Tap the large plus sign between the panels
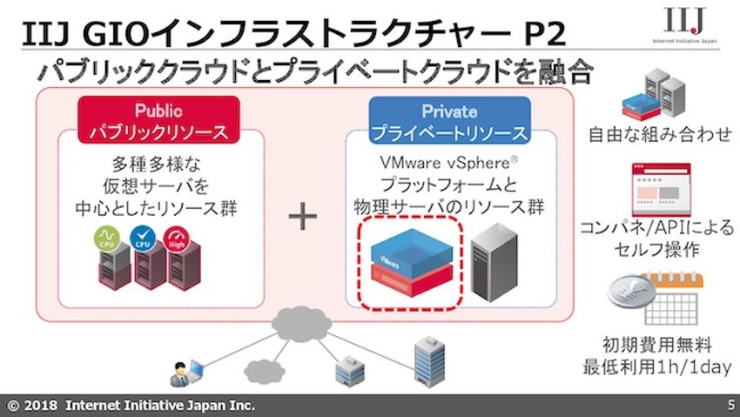click(x=303, y=217)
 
